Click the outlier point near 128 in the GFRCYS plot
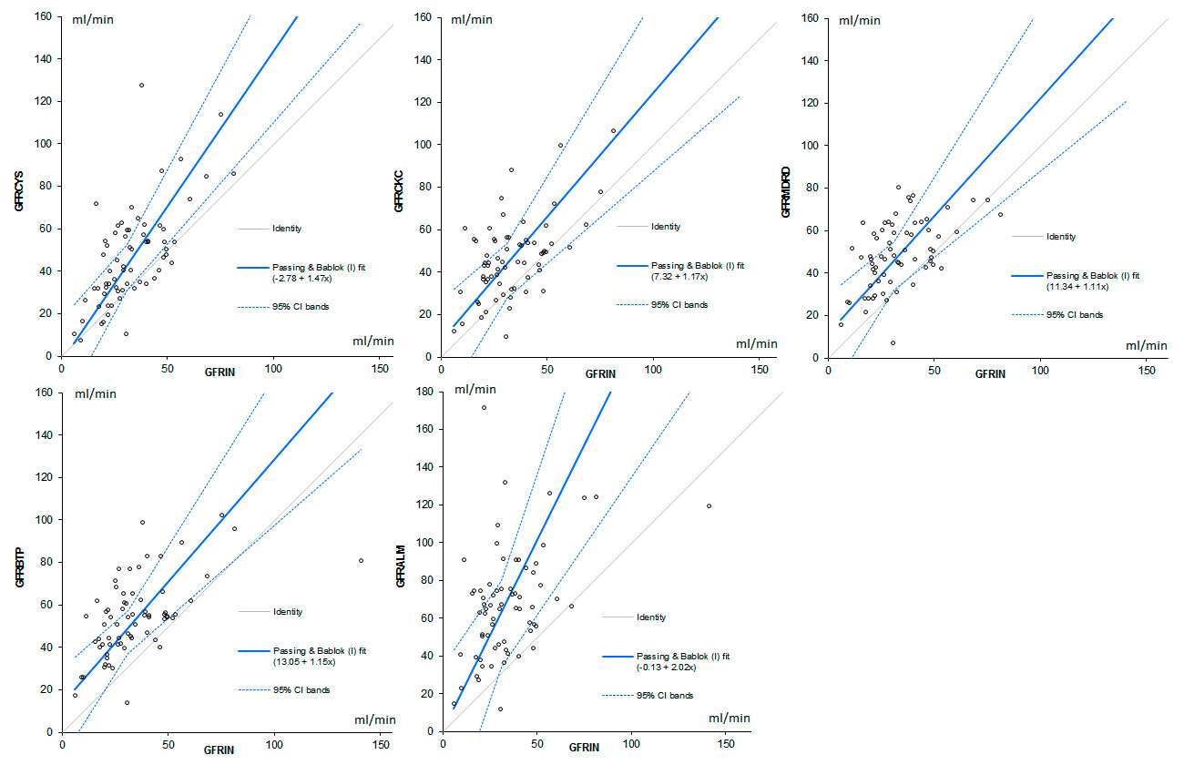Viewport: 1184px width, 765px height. click(x=141, y=86)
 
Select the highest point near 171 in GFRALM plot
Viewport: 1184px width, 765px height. click(x=484, y=407)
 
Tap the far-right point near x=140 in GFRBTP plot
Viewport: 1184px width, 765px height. click(x=361, y=561)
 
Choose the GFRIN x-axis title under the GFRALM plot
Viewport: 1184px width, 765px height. click(x=584, y=748)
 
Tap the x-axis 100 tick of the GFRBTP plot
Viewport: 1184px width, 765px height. click(x=275, y=744)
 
